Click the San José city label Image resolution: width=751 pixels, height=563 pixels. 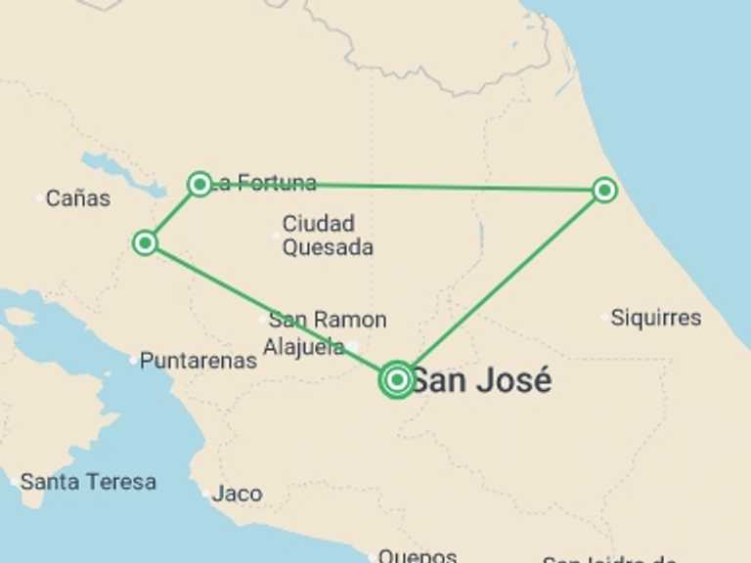(x=480, y=380)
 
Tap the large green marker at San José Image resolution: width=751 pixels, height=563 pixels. (x=397, y=379)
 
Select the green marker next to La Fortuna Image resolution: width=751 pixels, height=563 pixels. (x=199, y=183)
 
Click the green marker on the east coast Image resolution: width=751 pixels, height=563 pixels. (x=604, y=190)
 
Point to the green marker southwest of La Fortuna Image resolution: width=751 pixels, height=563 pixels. (x=145, y=241)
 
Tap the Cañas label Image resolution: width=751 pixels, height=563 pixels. (x=78, y=198)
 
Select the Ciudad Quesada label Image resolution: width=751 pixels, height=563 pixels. (x=327, y=236)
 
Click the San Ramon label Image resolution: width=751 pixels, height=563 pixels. (x=328, y=320)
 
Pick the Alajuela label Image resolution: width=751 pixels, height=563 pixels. (x=303, y=346)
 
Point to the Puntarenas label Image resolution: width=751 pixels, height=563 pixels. (x=199, y=361)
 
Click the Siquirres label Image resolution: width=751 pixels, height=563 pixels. (x=656, y=318)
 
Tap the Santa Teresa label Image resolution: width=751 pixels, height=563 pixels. (x=88, y=482)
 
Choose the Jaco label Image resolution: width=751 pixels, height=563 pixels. (x=237, y=494)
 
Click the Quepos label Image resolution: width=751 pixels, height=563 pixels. (x=418, y=555)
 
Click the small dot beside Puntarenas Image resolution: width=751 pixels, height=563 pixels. (x=134, y=361)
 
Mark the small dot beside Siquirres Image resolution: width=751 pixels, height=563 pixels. (x=604, y=317)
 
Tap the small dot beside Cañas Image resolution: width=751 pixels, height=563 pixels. (x=40, y=198)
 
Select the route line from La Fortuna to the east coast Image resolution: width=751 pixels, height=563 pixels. (x=411, y=186)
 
